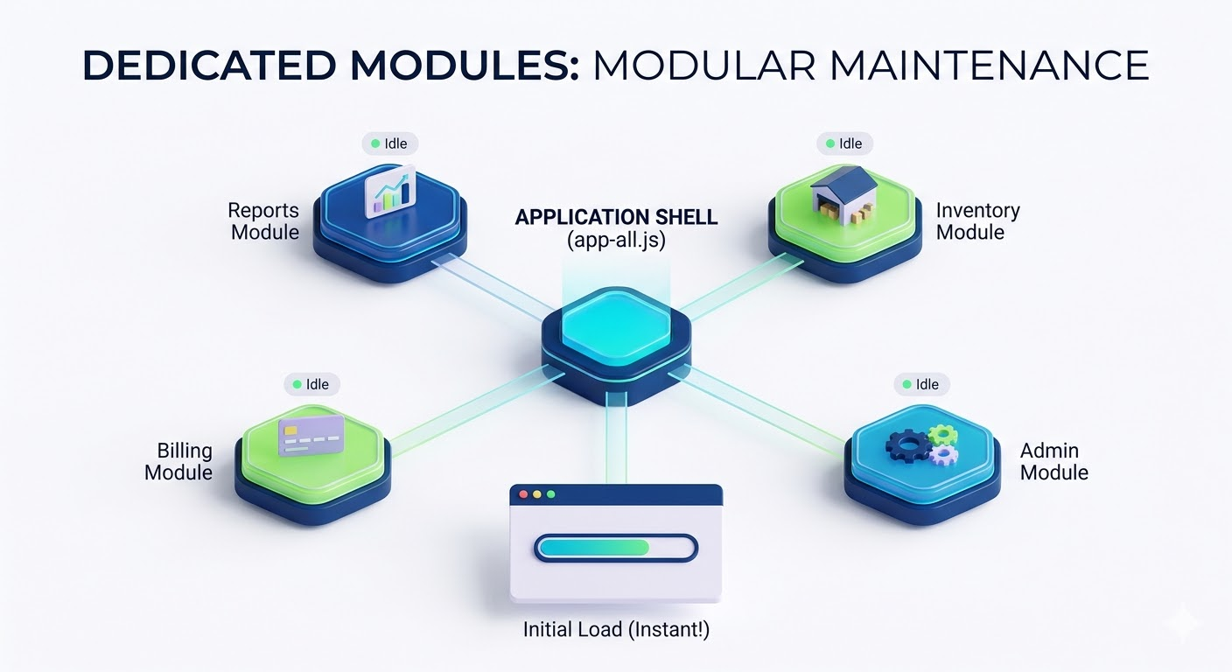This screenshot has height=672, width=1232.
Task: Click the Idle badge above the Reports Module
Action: (x=389, y=143)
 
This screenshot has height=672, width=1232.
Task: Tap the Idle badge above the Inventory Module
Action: (x=844, y=143)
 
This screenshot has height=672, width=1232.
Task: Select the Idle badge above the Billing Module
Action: (x=311, y=384)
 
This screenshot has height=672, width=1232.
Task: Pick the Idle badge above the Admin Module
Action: (x=921, y=384)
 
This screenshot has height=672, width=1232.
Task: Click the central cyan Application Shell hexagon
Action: (x=616, y=334)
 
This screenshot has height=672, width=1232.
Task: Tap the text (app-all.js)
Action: (x=616, y=240)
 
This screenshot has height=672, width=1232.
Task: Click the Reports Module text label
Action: (x=263, y=221)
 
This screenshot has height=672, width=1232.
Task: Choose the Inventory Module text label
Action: (x=977, y=221)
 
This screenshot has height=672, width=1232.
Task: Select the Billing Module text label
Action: (x=179, y=462)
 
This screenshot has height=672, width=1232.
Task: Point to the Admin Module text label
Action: (x=1053, y=462)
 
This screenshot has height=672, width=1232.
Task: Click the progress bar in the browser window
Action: (x=616, y=548)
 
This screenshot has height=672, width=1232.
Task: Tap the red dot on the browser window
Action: (x=524, y=494)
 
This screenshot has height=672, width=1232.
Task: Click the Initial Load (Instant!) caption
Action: (x=616, y=629)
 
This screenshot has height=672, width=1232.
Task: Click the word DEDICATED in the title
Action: (x=206, y=66)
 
